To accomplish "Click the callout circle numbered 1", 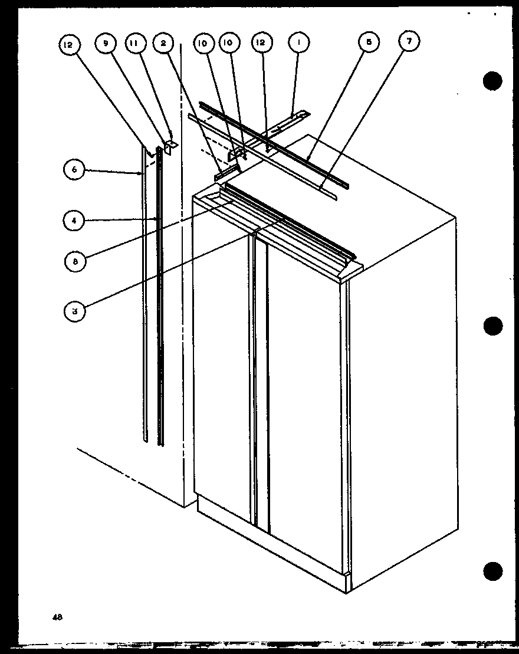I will tap(299, 43).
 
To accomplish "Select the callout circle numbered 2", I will tap(163, 43).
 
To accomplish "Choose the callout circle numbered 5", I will tap(369, 43).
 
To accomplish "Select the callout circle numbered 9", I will tap(107, 43).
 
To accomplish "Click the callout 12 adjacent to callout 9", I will tap(69, 43).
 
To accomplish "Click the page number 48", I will tap(57, 617).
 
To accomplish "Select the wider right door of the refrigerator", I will tap(304, 401).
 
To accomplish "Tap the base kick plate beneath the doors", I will tap(271, 548).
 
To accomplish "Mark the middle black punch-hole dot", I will tap(492, 326).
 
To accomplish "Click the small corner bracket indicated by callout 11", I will tap(170, 145).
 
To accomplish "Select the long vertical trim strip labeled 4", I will tap(159, 295).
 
